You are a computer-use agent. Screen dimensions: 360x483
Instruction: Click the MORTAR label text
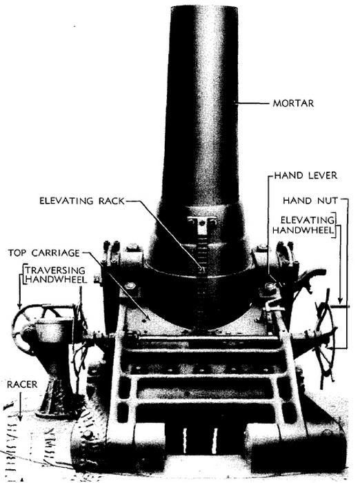tap(293, 103)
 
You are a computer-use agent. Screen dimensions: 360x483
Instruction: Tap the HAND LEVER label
tap(306, 175)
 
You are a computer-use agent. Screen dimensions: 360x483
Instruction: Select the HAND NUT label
tap(310, 201)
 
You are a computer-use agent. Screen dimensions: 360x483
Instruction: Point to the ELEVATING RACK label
tap(82, 201)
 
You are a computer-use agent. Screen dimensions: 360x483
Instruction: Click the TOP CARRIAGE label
tap(43, 253)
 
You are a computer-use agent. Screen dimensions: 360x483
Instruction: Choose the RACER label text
tap(22, 384)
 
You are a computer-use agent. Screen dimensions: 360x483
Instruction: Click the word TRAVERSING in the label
tap(55, 270)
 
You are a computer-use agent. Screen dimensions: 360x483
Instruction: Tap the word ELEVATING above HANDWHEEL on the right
tap(308, 220)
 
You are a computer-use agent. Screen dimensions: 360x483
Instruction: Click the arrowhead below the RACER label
tap(20, 417)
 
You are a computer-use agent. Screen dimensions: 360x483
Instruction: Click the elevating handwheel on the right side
tap(326, 336)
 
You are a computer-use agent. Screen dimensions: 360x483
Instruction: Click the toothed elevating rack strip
tap(201, 277)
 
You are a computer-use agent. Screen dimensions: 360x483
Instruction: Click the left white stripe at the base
tap(185, 440)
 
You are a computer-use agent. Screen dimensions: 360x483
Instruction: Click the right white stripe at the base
tap(214, 440)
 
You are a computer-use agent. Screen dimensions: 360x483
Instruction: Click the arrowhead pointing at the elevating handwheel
tap(340, 300)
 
